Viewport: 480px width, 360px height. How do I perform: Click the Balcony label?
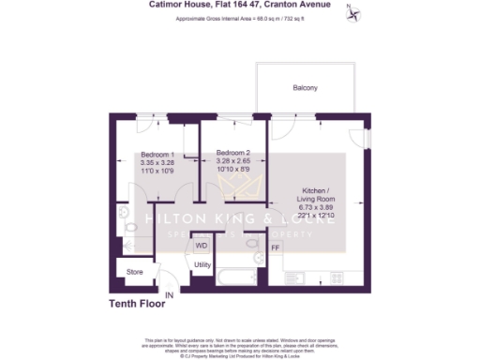(304, 88)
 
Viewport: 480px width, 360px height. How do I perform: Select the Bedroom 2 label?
(232, 153)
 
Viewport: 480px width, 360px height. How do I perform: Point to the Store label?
(134, 273)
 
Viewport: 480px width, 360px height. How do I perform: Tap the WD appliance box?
(201, 246)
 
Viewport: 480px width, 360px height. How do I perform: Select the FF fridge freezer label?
(275, 248)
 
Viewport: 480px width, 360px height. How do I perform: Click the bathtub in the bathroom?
(235, 277)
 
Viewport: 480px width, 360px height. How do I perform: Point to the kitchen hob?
(336, 278)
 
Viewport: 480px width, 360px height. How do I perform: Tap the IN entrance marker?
(170, 296)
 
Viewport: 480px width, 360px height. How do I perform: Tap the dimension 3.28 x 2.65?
(232, 161)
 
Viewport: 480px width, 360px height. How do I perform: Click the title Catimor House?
(178, 5)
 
